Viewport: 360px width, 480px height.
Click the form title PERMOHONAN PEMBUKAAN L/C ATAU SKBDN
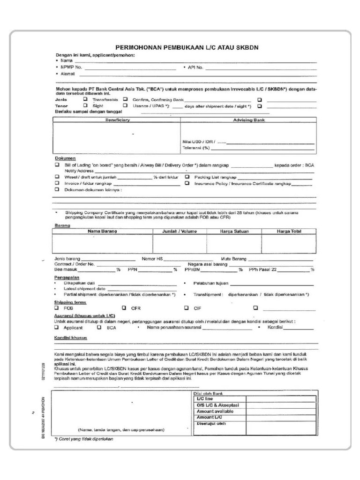187,48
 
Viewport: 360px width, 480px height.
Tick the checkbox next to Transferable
85,99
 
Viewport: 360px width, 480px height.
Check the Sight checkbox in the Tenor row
85,106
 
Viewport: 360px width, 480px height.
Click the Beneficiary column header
117,120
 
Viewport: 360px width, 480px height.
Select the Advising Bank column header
249,120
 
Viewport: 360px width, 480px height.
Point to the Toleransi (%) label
195,148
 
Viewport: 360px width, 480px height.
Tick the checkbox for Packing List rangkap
187,177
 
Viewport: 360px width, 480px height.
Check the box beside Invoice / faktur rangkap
57,184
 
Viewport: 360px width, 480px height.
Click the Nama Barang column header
102,231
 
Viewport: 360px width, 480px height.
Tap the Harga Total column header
289,231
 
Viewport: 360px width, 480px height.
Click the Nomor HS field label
152,259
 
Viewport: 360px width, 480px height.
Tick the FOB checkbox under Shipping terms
57,308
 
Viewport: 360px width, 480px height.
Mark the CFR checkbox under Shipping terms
124,308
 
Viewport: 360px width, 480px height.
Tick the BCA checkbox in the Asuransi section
99,328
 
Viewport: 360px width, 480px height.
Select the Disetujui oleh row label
211,424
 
